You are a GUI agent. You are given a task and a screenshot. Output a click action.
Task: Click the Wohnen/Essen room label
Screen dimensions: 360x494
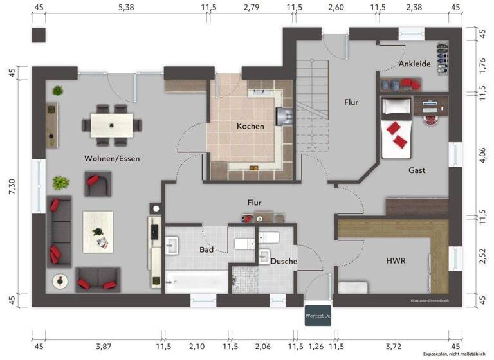pyautogui.click(x=112, y=157)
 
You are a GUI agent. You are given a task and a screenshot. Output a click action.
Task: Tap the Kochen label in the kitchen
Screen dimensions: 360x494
pyautogui.click(x=250, y=126)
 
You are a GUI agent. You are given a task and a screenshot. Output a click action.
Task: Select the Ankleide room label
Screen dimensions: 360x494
pyautogui.click(x=415, y=64)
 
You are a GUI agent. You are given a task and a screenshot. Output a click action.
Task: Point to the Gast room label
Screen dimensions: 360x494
pyautogui.click(x=417, y=170)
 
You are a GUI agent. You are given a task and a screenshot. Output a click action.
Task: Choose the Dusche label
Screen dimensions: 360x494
pyautogui.click(x=284, y=262)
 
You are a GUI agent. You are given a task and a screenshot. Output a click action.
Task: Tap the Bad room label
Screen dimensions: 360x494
pyautogui.click(x=206, y=249)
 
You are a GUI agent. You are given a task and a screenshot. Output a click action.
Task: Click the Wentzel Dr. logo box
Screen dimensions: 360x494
pyautogui.click(x=318, y=316)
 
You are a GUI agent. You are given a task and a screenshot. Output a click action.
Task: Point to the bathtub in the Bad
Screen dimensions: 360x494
pyautogui.click(x=196, y=281)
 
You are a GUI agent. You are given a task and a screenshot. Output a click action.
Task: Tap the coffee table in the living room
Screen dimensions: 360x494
pyautogui.click(x=98, y=231)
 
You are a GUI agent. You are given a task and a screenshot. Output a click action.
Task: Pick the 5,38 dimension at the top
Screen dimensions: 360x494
pyautogui.click(x=126, y=8)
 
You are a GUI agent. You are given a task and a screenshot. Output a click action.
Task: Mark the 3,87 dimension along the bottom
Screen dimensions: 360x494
pyautogui.click(x=103, y=347)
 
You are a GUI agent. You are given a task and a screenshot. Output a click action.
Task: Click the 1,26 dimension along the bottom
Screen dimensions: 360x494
pyautogui.click(x=315, y=347)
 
